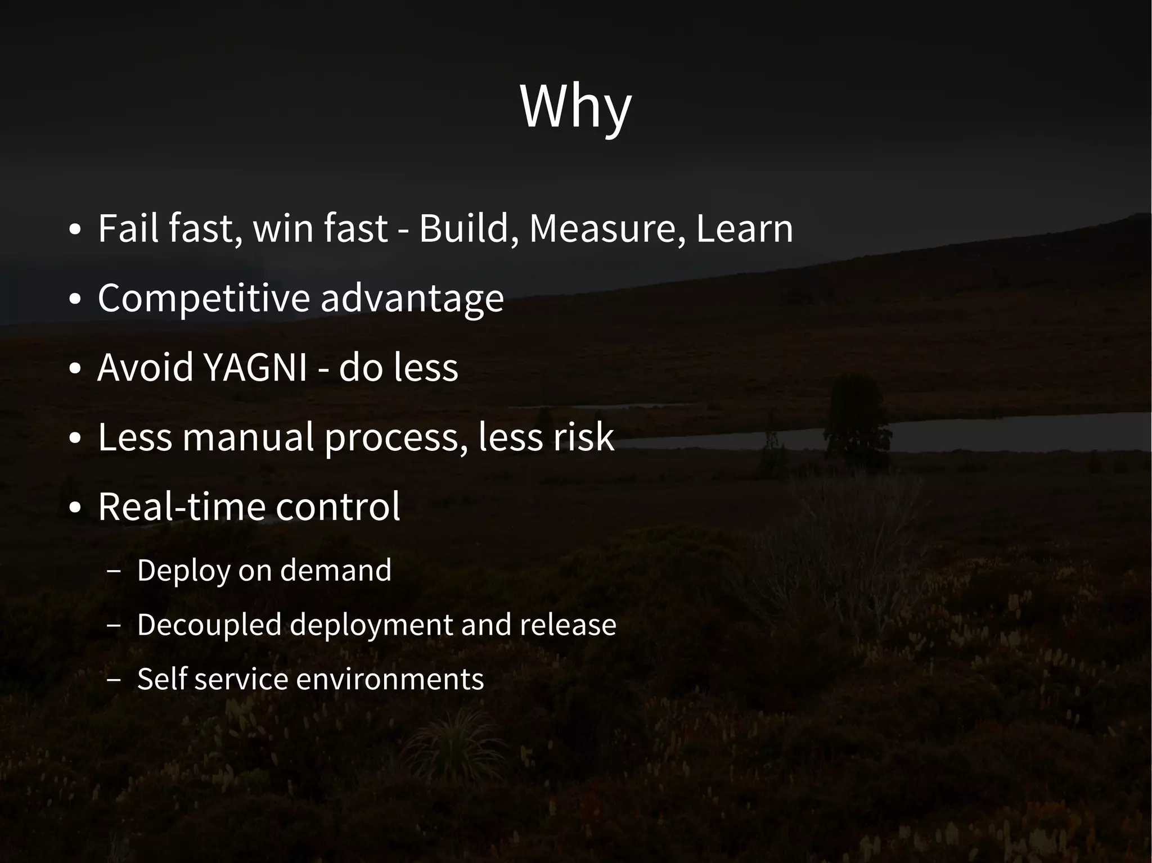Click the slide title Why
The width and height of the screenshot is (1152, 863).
(575, 107)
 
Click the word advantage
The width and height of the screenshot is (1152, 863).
(412, 298)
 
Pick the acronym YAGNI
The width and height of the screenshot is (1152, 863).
(255, 367)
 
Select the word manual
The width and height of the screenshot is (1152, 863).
(247, 437)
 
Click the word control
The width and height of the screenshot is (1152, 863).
(338, 507)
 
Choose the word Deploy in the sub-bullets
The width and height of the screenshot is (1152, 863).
(183, 571)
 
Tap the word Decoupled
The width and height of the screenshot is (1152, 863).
(209, 625)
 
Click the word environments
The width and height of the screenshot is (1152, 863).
(390, 679)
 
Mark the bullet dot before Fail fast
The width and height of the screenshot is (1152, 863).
(75, 231)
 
